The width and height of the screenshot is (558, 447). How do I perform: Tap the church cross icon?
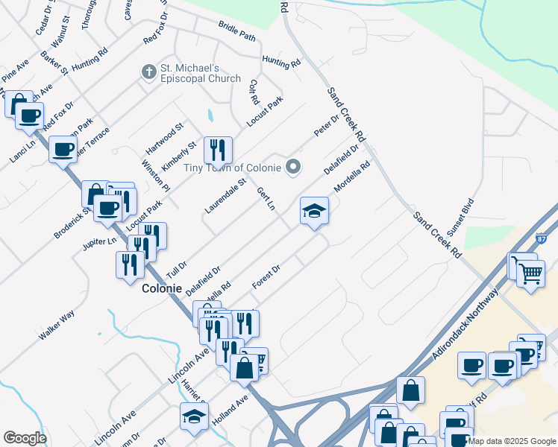[148, 72]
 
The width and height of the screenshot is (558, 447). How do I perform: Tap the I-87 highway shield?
[542, 239]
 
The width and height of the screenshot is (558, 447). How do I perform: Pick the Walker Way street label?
[57, 326]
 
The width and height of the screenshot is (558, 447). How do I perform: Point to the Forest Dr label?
[266, 278]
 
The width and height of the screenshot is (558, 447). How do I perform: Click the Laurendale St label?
[225, 196]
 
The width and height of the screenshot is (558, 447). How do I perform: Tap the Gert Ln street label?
[266, 200]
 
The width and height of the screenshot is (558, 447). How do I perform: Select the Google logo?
[25, 438]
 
